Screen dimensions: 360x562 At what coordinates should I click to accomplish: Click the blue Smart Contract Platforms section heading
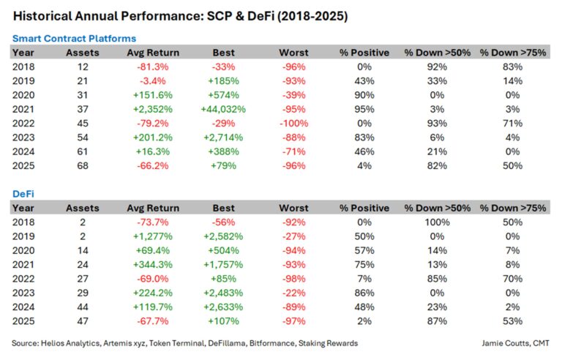pyautogui.click(x=74, y=38)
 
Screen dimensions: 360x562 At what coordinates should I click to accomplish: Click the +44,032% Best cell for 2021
pyautogui.click(x=223, y=109)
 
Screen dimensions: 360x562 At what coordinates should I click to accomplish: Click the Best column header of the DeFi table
pyautogui.click(x=223, y=209)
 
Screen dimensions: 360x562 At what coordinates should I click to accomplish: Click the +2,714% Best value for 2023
pyautogui.click(x=223, y=138)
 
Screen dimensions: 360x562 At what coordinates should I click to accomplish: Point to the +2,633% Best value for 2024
pyautogui.click(x=223, y=307)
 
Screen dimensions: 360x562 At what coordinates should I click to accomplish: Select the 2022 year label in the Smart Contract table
pyautogui.click(x=24, y=124)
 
